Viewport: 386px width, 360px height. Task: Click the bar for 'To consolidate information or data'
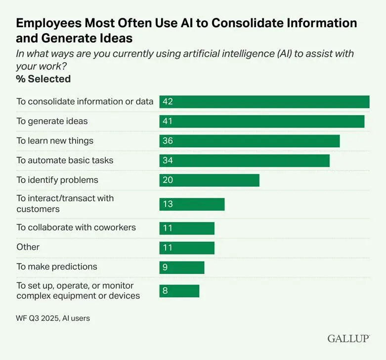point(264,102)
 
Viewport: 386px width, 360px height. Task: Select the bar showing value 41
point(262,121)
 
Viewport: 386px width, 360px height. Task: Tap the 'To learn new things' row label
point(55,141)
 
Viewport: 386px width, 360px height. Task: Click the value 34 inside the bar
point(168,161)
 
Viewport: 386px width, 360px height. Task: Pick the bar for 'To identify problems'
point(209,180)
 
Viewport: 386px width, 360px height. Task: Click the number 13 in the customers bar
point(168,204)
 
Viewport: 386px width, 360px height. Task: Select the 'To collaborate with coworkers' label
point(76,227)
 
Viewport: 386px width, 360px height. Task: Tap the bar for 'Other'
point(187,247)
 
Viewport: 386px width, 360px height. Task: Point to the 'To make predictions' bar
point(181,267)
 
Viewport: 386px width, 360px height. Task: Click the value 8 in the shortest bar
point(165,291)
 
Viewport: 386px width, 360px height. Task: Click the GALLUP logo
point(348,339)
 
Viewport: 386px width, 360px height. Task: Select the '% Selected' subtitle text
point(43,79)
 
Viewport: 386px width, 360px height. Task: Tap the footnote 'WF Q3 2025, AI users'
point(53,318)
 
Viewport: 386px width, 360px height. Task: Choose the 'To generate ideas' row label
point(52,121)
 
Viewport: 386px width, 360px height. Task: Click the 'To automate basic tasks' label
point(65,161)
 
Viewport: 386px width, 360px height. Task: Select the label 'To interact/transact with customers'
point(65,203)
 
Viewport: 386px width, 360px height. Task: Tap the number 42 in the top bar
point(168,102)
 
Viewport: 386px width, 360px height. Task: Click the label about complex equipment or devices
point(78,291)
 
